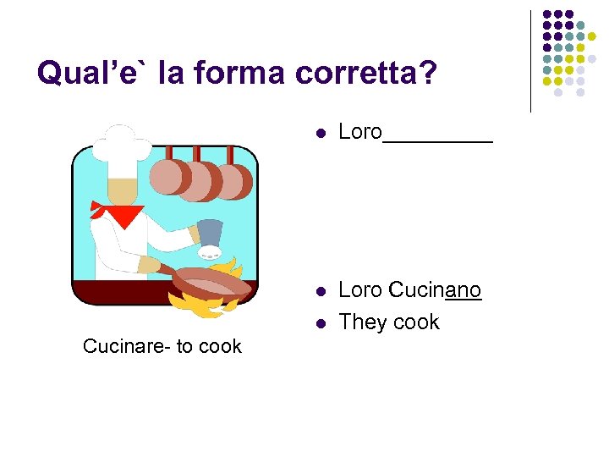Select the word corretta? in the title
tap(367, 74)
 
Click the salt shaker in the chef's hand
tap(210, 237)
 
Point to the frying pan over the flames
tap(211, 281)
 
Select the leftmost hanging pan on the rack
tap(167, 176)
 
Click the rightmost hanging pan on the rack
tap(233, 179)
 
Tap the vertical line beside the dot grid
tap(530, 61)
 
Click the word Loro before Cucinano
tap(360, 290)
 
